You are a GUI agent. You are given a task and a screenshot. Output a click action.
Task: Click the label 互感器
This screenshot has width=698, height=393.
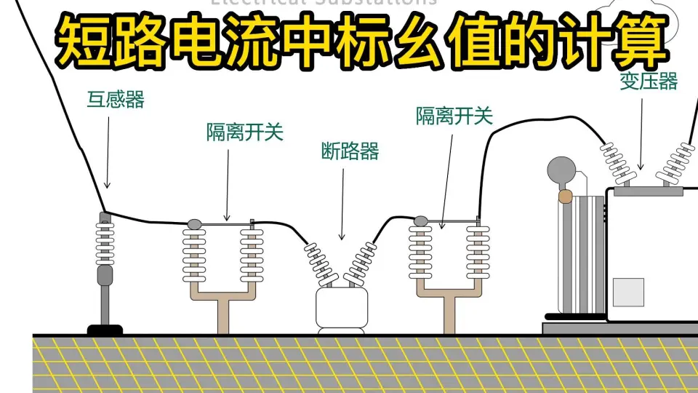click(116, 100)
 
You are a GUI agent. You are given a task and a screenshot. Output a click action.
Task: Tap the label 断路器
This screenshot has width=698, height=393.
click(350, 151)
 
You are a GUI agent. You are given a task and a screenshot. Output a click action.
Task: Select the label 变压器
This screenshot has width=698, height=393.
click(649, 82)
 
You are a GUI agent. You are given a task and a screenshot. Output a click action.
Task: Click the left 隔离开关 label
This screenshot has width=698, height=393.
click(244, 132)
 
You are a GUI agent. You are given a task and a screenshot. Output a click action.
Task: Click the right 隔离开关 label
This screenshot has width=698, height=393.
click(454, 115)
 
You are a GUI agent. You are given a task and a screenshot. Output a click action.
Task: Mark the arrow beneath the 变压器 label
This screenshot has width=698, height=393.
click(641, 131)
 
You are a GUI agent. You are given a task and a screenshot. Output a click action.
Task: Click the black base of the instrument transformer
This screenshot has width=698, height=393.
click(105, 330)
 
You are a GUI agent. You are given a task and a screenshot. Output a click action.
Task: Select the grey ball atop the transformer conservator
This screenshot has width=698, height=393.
click(561, 170)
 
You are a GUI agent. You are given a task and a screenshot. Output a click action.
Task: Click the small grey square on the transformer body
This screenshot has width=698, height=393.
click(628, 292)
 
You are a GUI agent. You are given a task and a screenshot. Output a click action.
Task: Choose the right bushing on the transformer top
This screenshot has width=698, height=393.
click(674, 164)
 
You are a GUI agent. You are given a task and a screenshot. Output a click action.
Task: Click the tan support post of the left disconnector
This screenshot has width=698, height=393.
click(223, 313)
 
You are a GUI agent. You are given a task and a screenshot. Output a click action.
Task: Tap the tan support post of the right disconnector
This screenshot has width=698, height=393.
click(449, 313)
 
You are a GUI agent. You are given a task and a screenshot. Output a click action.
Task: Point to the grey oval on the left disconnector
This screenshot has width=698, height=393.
click(194, 223)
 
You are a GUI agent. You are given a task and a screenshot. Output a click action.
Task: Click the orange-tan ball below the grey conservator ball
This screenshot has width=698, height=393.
click(564, 196)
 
